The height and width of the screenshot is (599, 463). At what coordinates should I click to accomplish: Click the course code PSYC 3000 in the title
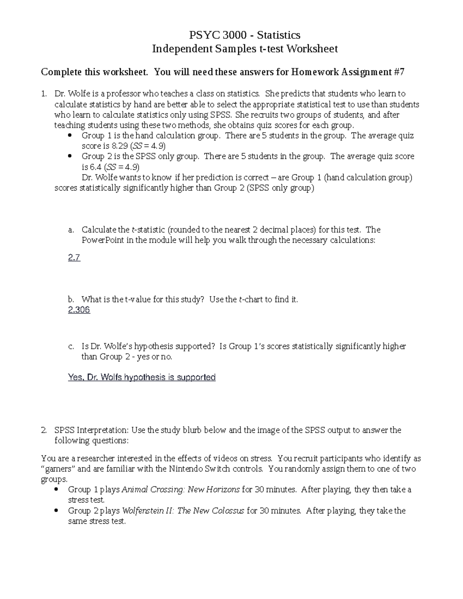pyautogui.click(x=217, y=35)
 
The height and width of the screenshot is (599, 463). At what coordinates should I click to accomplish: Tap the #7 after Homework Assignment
pyautogui.click(x=399, y=72)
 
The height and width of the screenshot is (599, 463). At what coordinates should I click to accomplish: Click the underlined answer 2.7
pyautogui.click(x=74, y=258)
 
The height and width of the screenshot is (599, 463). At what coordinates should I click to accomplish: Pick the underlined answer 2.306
pyautogui.click(x=79, y=310)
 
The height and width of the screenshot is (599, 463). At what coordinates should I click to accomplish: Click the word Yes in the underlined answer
pyautogui.click(x=75, y=377)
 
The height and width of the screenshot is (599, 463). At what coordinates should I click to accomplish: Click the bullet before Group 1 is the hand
pyautogui.click(x=69, y=136)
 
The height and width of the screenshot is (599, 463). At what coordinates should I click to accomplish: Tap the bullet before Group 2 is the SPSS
pyautogui.click(x=69, y=157)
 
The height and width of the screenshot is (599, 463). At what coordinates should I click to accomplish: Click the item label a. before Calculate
pyautogui.click(x=71, y=230)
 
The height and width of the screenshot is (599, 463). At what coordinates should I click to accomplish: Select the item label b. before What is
pyautogui.click(x=71, y=299)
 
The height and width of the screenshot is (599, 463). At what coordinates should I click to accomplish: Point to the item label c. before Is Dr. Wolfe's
pyautogui.click(x=71, y=346)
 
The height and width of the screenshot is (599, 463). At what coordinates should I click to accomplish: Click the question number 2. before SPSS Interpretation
pyautogui.click(x=44, y=430)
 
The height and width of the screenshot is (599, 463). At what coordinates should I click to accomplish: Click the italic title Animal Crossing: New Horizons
pyautogui.click(x=181, y=489)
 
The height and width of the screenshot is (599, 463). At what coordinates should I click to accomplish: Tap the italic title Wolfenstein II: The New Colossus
pyautogui.click(x=183, y=511)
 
